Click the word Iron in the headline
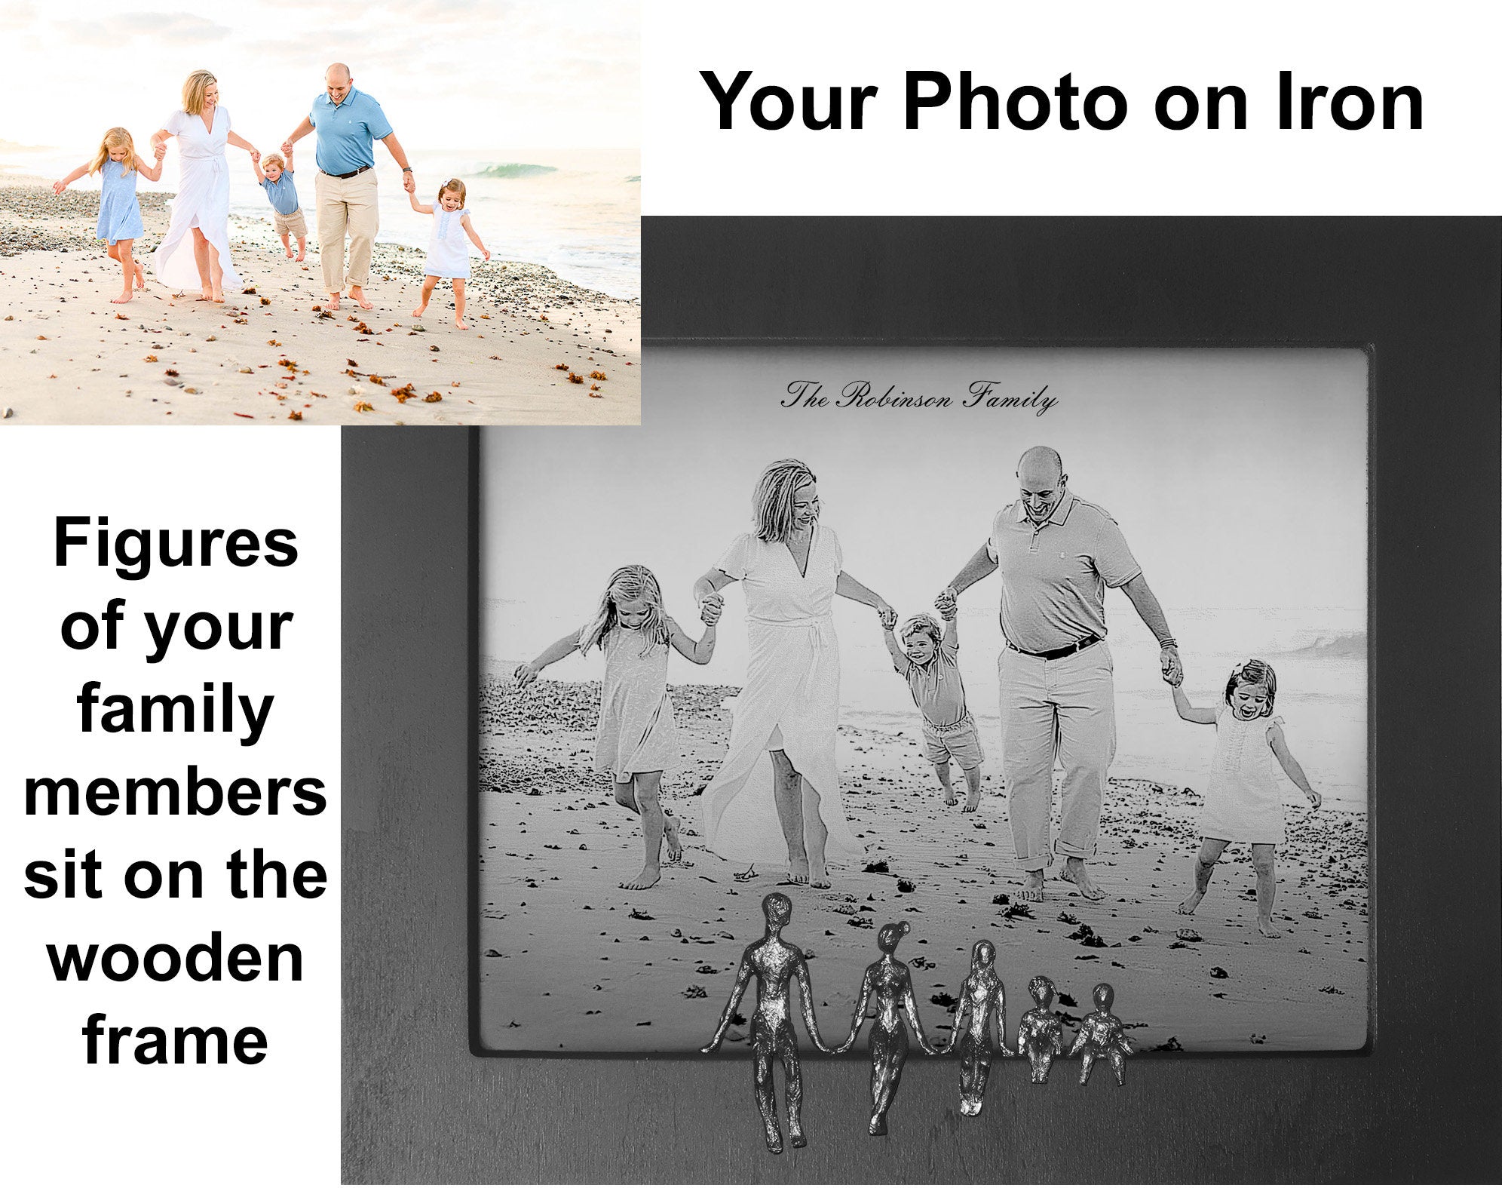click(1348, 101)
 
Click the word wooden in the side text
click(176, 958)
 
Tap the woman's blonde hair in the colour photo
click(198, 91)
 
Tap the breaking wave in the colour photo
click(520, 170)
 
